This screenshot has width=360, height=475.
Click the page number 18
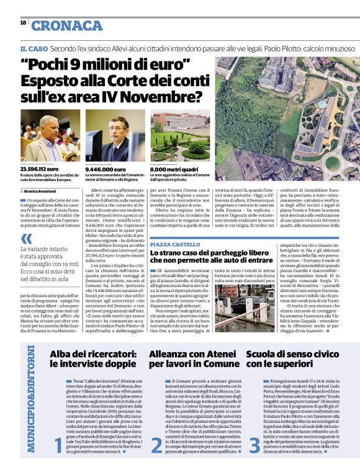tap(23, 22)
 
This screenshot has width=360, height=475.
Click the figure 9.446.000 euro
tap(106, 168)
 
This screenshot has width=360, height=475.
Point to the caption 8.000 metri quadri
tap(173, 168)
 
